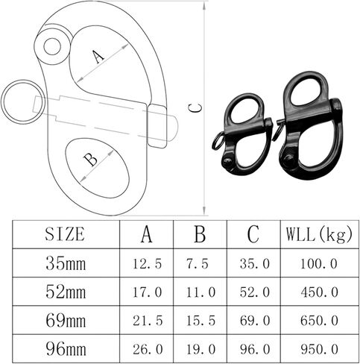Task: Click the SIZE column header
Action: [x=65, y=234]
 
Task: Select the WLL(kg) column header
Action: [x=319, y=234]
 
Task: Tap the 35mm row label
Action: [x=66, y=263]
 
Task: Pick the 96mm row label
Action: [x=66, y=349]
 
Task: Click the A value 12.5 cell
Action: [x=148, y=264]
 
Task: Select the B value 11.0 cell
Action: [x=200, y=292]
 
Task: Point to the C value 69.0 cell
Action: [x=255, y=321]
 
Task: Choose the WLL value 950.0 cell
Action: [x=320, y=349]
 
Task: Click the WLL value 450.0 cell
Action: [x=320, y=292]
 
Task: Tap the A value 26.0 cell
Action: [x=148, y=349]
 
